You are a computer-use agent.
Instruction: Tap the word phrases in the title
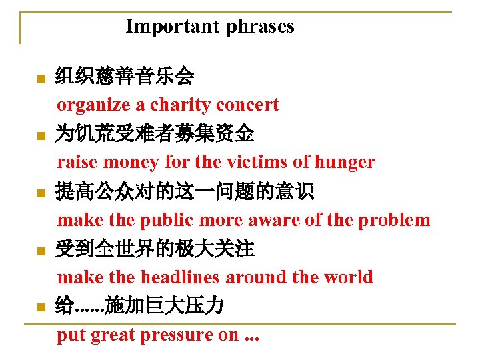pos(260,27)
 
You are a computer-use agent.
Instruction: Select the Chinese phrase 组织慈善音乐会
pos(125,77)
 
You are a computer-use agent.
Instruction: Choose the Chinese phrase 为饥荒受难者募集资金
pos(155,135)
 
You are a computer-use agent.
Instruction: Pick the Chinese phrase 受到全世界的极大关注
pos(155,250)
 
